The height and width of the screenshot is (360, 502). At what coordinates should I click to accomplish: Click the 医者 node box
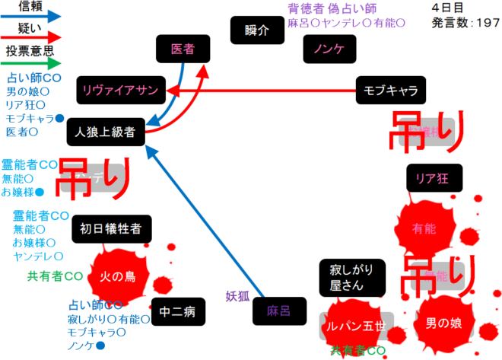coord(183,49)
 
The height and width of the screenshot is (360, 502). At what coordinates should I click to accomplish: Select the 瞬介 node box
coord(257,31)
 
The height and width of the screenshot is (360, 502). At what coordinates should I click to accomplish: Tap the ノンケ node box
coord(329,49)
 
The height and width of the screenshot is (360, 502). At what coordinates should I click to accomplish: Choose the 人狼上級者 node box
coord(105,132)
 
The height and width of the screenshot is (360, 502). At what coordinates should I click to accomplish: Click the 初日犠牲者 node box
coord(111,228)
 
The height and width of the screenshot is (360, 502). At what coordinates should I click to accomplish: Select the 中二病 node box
coord(179,311)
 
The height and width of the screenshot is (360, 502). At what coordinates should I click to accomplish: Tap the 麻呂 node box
coord(278,311)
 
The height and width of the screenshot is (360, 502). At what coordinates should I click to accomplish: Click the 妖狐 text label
coord(237,297)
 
